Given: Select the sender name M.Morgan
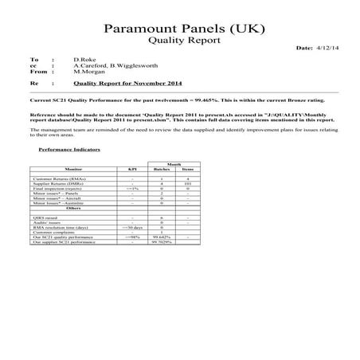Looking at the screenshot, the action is (x=88, y=73).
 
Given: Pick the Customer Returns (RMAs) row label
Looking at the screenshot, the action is (x=60, y=179).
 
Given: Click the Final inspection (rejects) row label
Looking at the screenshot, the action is (x=59, y=189).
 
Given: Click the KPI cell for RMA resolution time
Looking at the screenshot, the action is (x=133, y=226).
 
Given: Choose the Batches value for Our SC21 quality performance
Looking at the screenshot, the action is (x=162, y=237).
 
